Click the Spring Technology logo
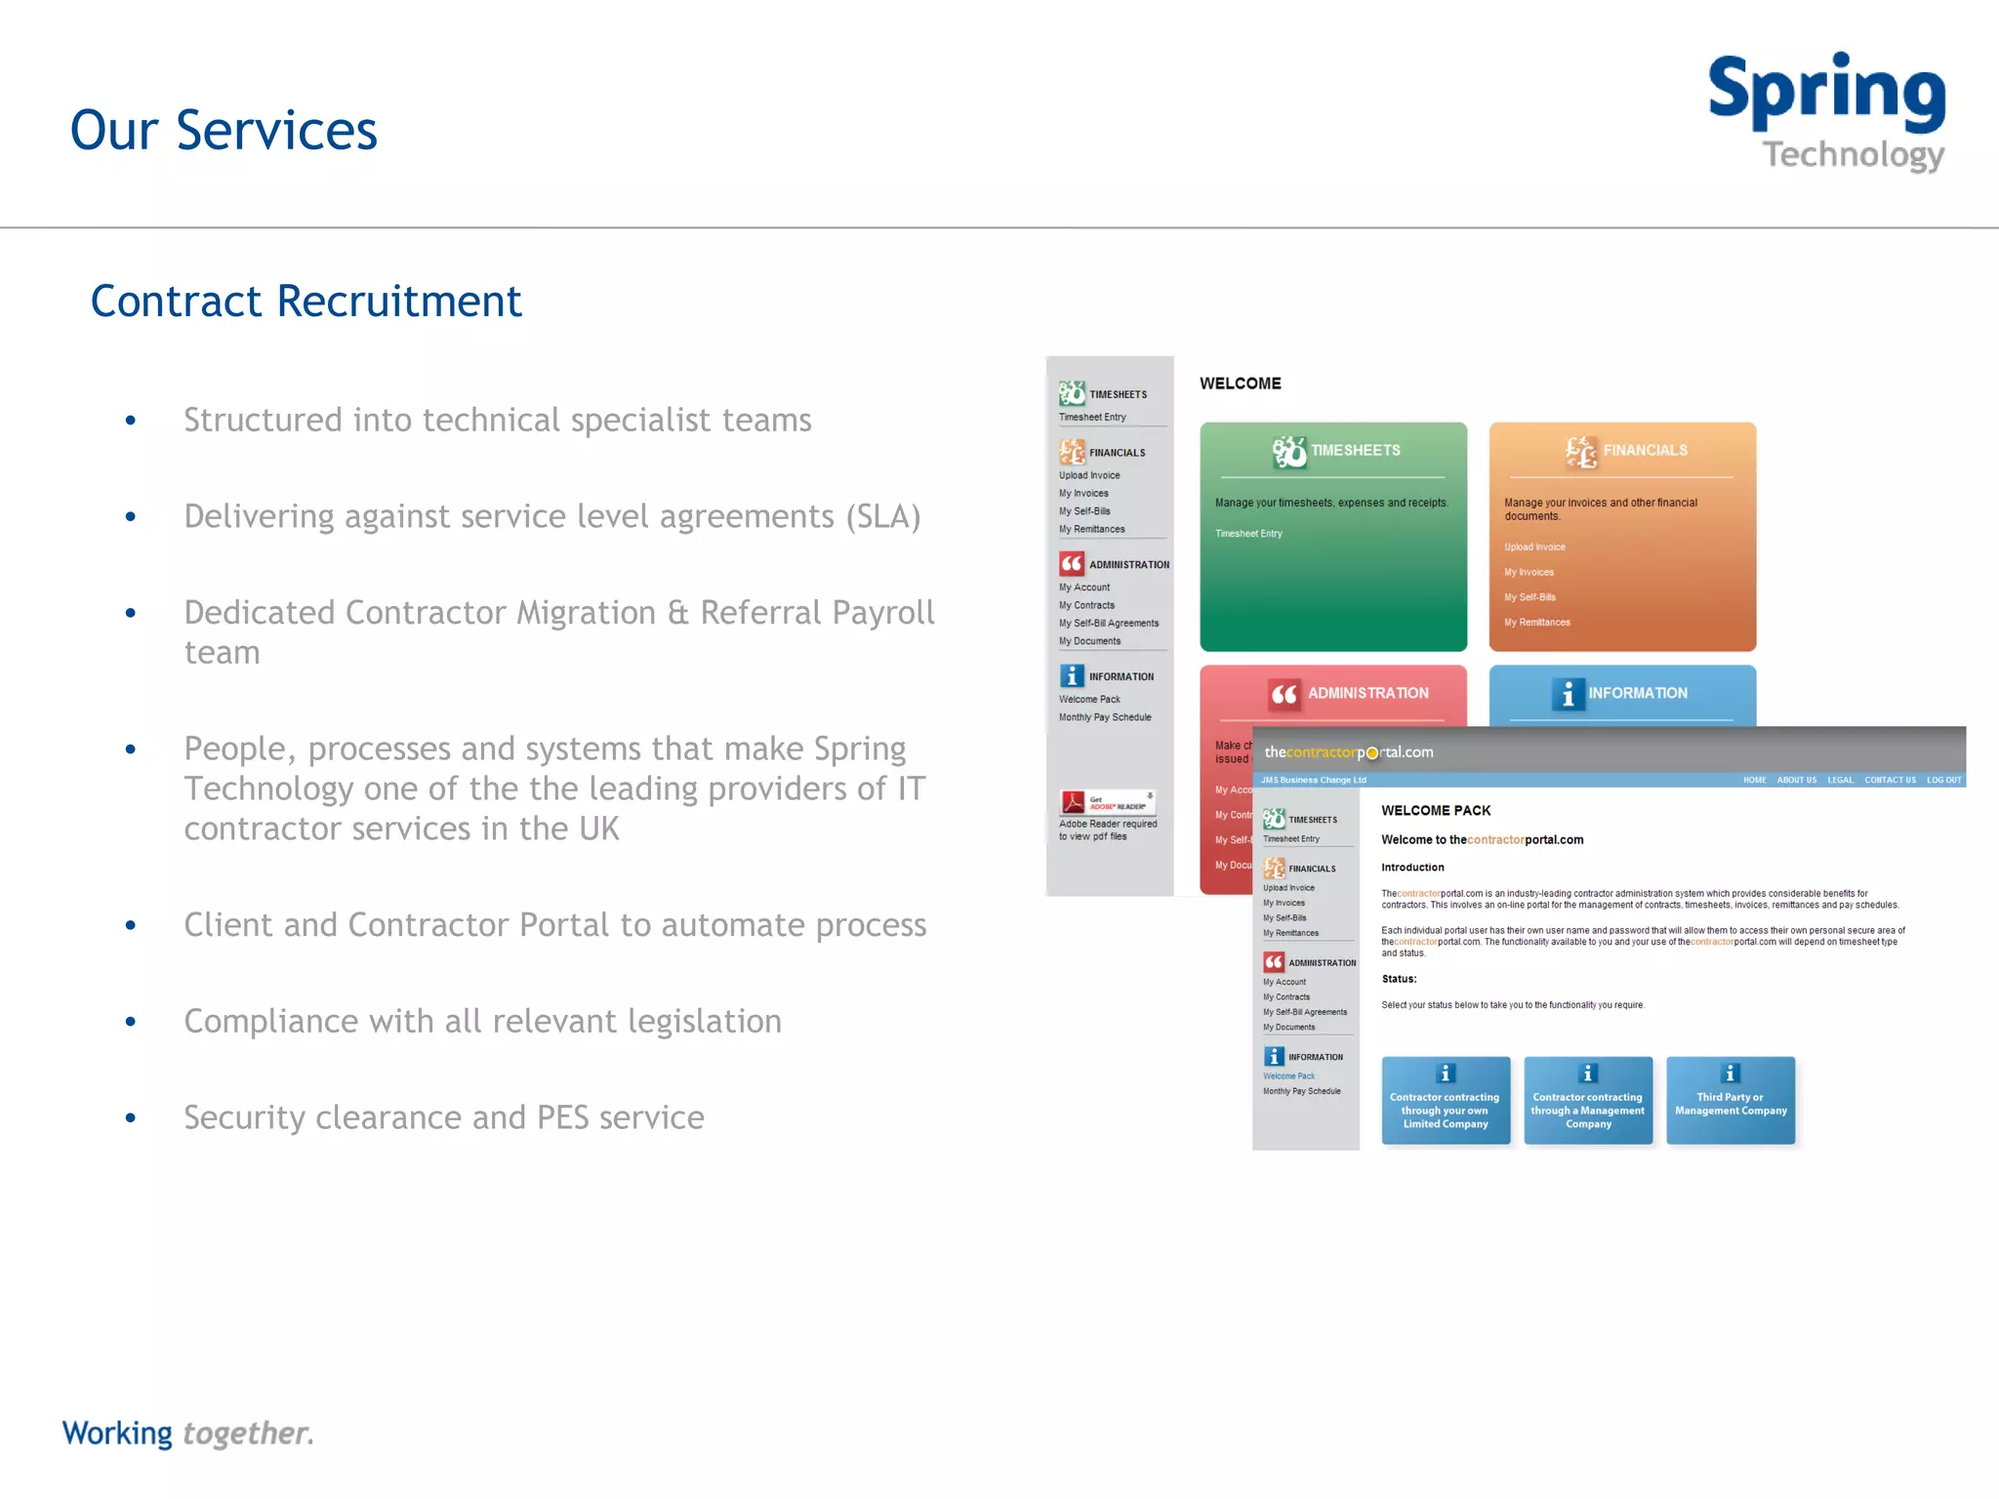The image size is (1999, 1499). click(x=1826, y=111)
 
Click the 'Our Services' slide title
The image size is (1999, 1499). click(x=224, y=131)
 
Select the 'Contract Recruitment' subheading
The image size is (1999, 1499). click(x=306, y=302)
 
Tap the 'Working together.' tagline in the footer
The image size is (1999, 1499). click(x=187, y=1433)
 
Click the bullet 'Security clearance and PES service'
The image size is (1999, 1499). click(x=443, y=1117)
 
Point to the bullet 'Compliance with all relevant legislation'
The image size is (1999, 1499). click(x=482, y=1022)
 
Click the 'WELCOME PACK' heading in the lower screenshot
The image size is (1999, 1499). click(x=1436, y=811)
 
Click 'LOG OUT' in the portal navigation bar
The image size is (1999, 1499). click(x=1943, y=781)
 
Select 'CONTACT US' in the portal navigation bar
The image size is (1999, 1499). click(x=1890, y=781)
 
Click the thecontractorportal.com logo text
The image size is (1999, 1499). click(x=1348, y=752)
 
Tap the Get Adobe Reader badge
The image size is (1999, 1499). click(x=1108, y=802)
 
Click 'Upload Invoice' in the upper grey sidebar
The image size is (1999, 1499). click(x=1089, y=476)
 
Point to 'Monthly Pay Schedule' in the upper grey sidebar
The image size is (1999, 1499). click(x=1105, y=718)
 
